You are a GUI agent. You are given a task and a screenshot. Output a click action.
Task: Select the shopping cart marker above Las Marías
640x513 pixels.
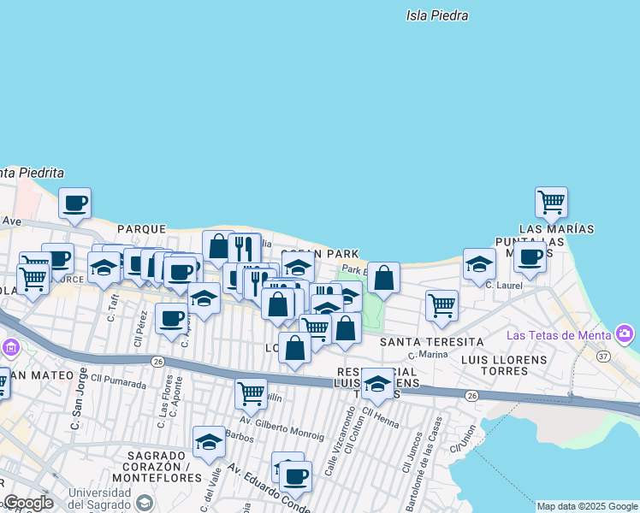point(551,203)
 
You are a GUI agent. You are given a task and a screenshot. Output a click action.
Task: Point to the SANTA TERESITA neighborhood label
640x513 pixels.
point(431,342)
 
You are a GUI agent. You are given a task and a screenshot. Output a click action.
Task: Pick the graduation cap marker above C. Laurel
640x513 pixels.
point(479,264)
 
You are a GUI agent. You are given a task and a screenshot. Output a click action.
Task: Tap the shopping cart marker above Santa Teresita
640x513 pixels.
point(441,305)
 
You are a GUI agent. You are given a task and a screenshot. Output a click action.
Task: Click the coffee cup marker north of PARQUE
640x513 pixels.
point(74,203)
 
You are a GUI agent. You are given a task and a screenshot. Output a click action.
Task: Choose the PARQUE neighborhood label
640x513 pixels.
point(141,229)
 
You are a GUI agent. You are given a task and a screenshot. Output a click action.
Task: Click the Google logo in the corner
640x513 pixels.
point(28,503)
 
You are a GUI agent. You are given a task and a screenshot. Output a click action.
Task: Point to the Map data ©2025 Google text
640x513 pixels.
point(586,506)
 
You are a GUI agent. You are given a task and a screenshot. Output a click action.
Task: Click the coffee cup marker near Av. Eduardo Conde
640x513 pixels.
point(296,476)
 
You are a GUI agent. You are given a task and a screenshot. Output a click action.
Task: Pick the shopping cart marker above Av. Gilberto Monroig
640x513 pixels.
point(250,393)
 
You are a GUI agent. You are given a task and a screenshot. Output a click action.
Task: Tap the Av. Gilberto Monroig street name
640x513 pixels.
point(281,427)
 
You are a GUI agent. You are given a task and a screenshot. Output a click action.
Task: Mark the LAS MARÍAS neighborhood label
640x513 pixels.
point(556,229)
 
